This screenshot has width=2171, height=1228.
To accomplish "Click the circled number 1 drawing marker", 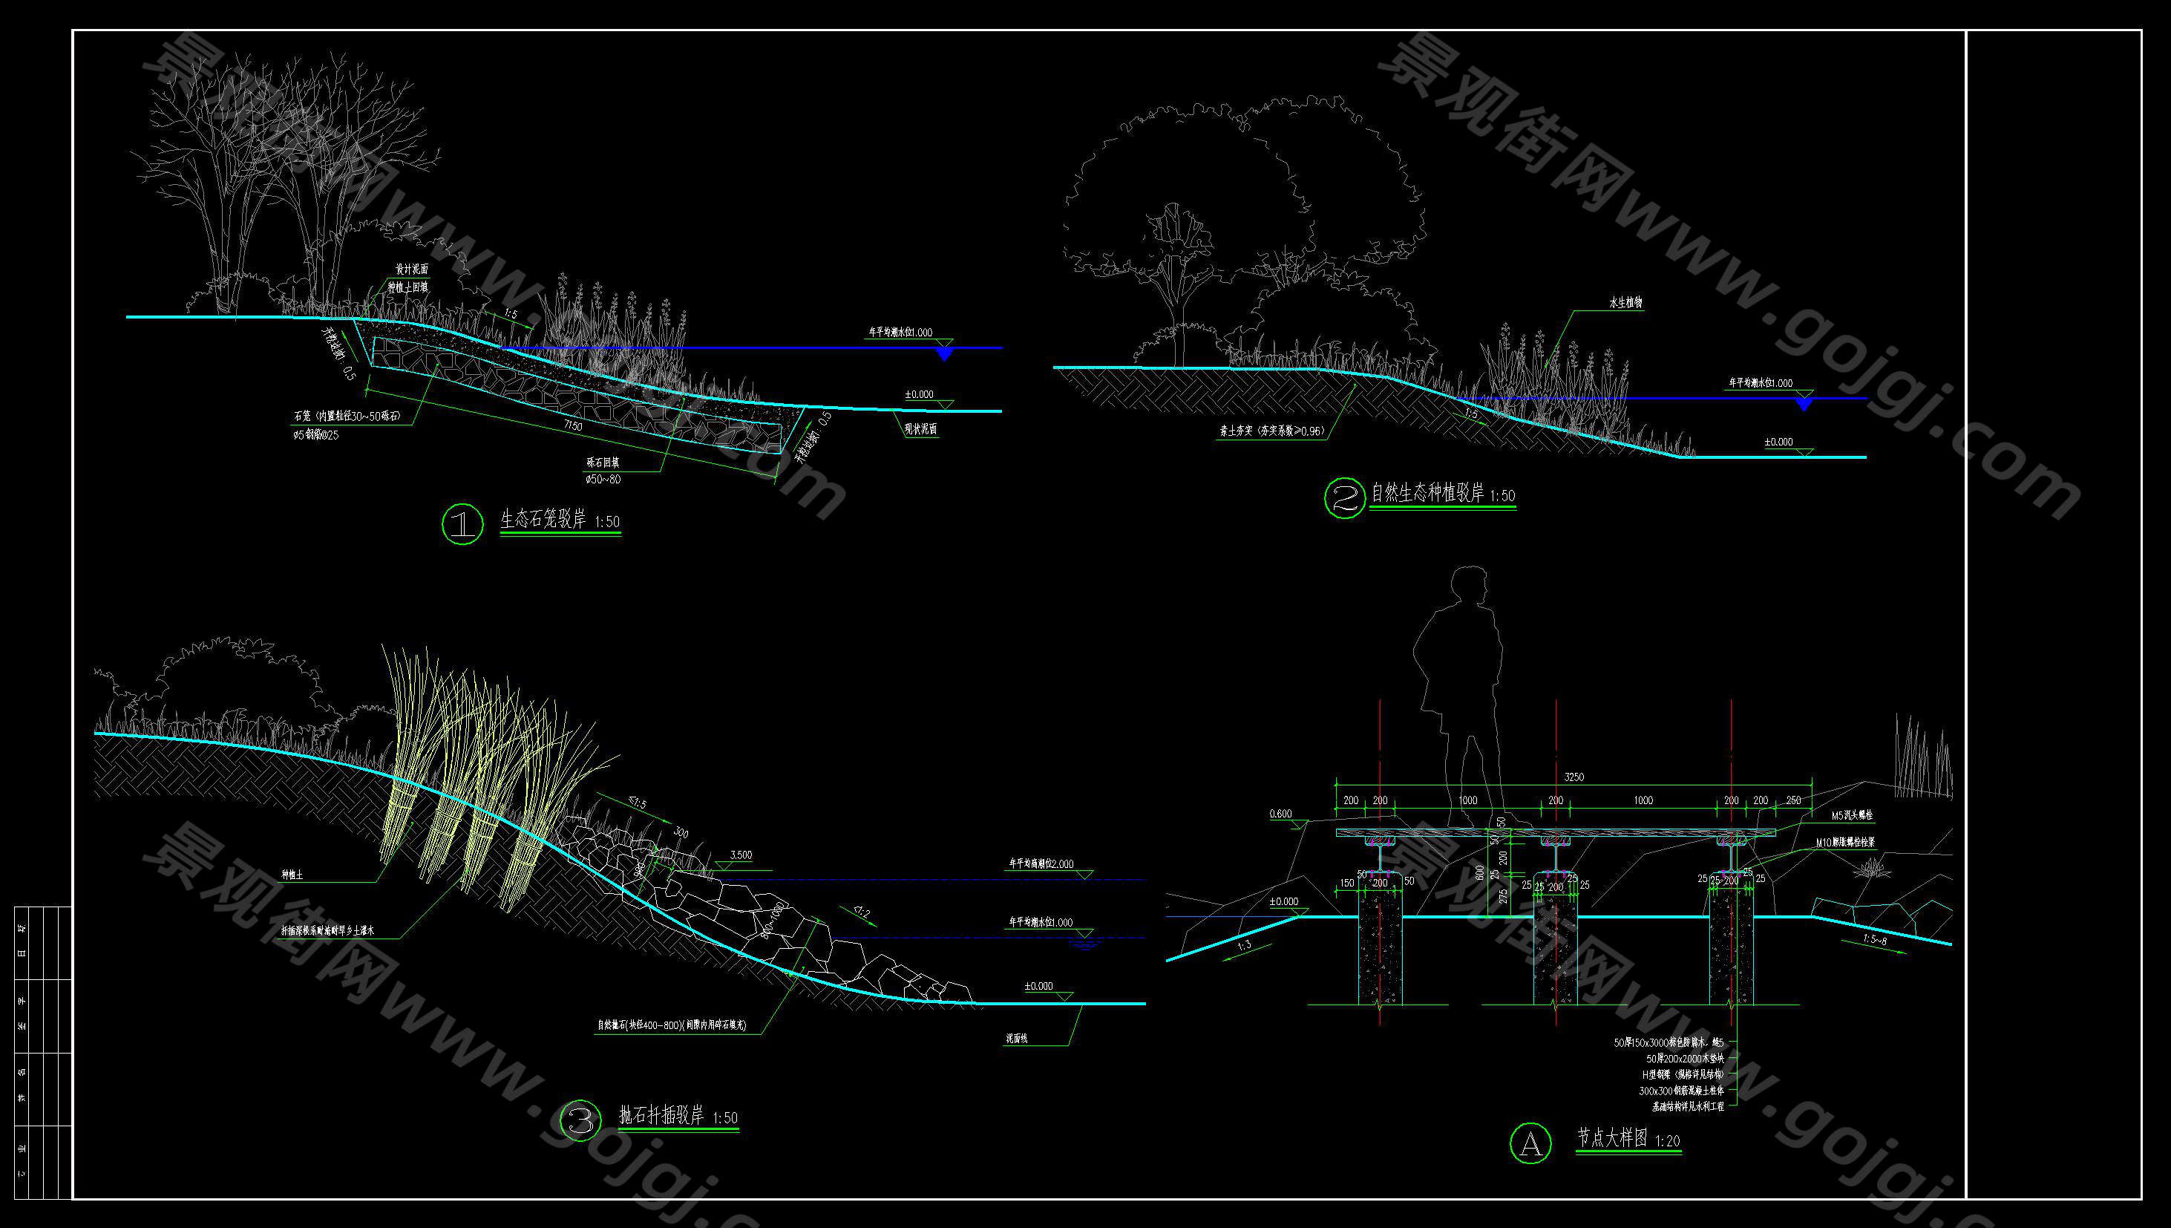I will [x=462, y=523].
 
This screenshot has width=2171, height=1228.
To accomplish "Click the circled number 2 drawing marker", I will [x=1344, y=497].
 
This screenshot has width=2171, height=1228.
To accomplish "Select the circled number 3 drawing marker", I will [x=581, y=1121].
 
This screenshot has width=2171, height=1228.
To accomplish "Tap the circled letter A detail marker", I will [x=1530, y=1143].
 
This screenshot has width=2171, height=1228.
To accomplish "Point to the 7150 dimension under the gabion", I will [x=572, y=426].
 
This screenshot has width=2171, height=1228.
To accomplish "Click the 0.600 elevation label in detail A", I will [x=1280, y=814].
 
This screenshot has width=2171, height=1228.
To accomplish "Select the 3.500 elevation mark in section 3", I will [x=740, y=855].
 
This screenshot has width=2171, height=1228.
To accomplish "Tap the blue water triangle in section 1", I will [x=944, y=354].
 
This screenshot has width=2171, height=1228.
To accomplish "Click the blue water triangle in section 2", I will [x=1804, y=405].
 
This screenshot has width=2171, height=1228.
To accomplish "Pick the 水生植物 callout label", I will [x=1625, y=303].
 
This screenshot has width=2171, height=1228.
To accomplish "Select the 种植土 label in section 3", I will [x=292, y=875].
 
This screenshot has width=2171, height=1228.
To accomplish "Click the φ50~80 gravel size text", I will [x=603, y=479].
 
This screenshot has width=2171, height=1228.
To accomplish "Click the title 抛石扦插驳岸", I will [x=661, y=1115].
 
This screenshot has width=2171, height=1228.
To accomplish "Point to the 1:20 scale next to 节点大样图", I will [x=1667, y=1141].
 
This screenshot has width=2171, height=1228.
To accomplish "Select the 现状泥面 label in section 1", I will [x=920, y=428].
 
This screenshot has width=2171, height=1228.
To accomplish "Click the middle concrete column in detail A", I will [x=1556, y=944].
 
